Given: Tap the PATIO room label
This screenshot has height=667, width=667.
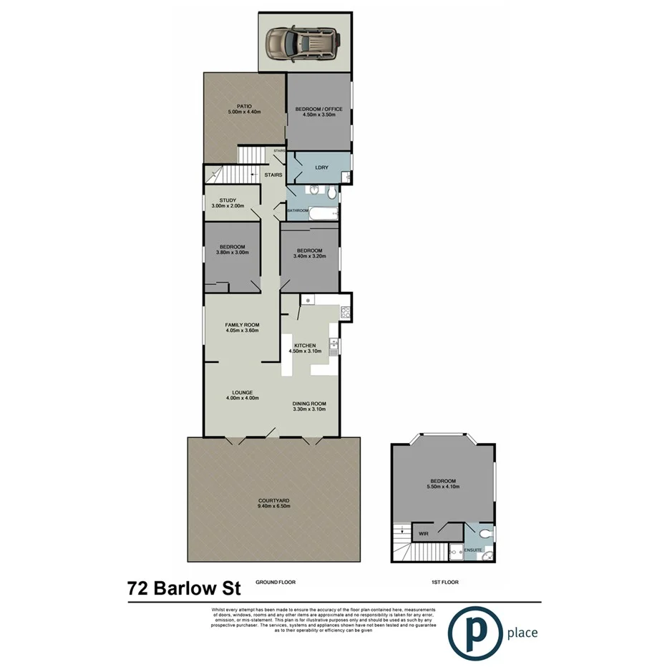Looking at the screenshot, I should [244, 108].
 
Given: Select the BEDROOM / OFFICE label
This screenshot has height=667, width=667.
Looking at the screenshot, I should [319, 109].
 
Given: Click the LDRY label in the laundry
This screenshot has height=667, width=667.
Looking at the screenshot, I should [321, 167].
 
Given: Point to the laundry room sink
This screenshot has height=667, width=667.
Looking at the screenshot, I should [346, 176].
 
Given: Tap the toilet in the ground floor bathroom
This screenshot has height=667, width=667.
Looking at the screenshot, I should [331, 193].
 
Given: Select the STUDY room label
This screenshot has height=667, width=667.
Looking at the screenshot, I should [228, 200].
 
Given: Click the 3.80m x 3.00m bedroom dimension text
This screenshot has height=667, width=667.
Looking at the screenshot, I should [232, 253].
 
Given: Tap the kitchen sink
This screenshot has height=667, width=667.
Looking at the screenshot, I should [333, 347].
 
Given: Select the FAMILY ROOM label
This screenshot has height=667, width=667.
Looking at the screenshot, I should [242, 325].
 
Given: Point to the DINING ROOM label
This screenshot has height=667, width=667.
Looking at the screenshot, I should [309, 404].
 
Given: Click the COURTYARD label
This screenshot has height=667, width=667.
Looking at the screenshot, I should [274, 500].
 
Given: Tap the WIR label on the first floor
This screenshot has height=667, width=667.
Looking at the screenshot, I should [424, 533].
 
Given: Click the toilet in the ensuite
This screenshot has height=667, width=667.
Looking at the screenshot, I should [485, 533].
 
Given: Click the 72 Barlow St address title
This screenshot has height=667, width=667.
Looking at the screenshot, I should [184, 589].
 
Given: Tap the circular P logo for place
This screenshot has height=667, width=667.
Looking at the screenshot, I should [474, 632].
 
